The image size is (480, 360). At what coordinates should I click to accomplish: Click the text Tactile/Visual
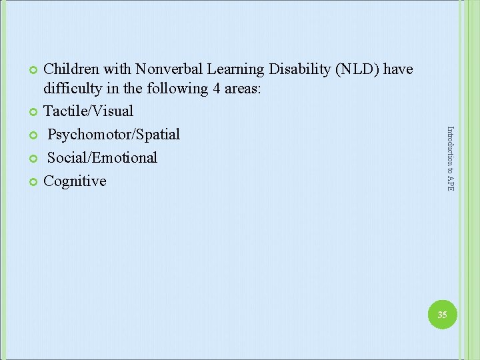(x=88, y=111)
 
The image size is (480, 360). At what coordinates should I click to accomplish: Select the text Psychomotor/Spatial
(x=113, y=134)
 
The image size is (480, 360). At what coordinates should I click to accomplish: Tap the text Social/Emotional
(x=102, y=157)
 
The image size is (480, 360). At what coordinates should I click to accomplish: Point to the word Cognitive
(x=75, y=181)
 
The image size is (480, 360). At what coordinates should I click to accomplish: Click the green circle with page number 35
(x=442, y=315)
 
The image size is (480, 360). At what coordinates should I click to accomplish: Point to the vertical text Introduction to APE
(x=450, y=159)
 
